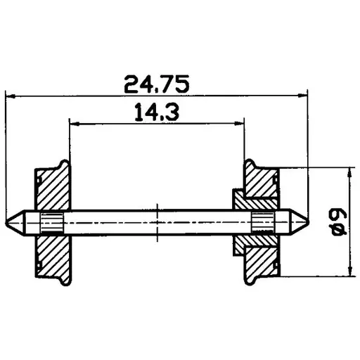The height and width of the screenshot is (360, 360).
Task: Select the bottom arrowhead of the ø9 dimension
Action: pyautogui.click(x=349, y=275)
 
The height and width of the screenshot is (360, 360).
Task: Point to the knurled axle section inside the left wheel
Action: pyautogui.click(x=51, y=222)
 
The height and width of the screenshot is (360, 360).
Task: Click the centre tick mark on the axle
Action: pyautogui.click(x=157, y=222)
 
